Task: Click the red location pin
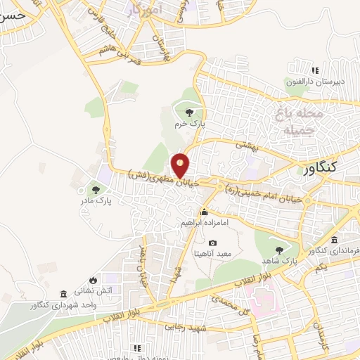tap(181, 165)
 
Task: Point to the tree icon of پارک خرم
tap(188, 111)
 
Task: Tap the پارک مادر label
tap(96, 201)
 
